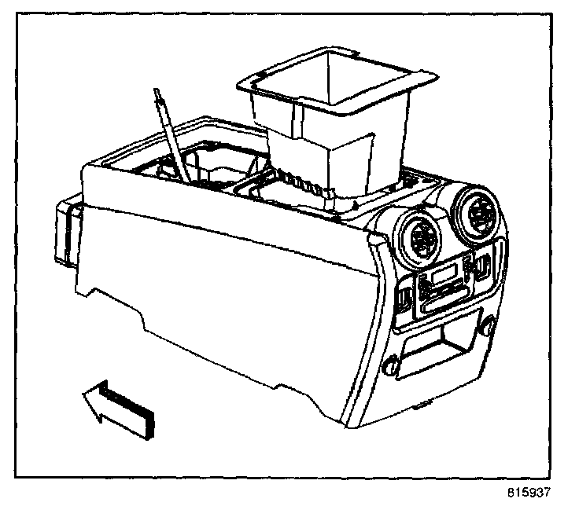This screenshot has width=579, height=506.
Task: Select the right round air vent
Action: [x=479, y=210]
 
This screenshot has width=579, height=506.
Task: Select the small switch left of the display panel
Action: [x=402, y=298]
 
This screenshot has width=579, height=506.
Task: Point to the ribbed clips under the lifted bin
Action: [x=303, y=183]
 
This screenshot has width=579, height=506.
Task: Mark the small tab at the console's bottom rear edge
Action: [x=423, y=406]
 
